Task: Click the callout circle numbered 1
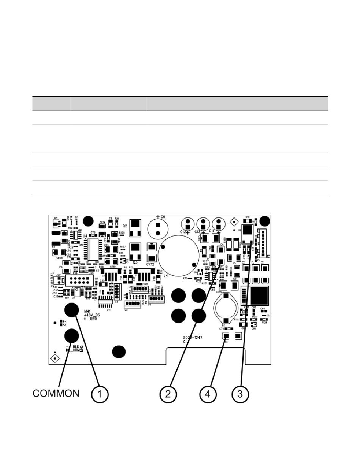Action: point(99,394)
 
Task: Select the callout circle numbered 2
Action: point(168,394)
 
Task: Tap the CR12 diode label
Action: point(150,264)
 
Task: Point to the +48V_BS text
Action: point(92,315)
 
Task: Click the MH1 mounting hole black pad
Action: point(71,310)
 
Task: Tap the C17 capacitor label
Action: point(65,323)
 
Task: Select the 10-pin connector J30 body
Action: point(79,281)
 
